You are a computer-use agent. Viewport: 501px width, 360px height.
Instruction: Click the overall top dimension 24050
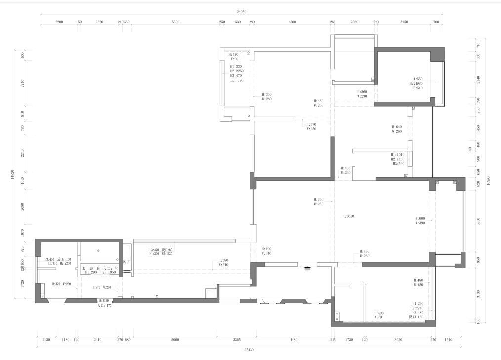tap(242, 11)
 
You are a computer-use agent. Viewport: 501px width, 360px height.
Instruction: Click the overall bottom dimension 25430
tap(249, 350)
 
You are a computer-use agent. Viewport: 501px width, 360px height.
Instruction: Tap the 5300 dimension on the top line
tap(175, 22)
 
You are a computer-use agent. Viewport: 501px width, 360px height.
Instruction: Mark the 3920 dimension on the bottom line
tap(398, 340)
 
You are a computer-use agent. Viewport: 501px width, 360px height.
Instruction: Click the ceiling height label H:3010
tap(348, 216)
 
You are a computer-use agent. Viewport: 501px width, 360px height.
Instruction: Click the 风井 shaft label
tap(126, 262)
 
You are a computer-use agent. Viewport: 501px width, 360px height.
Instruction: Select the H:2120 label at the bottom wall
tap(104, 301)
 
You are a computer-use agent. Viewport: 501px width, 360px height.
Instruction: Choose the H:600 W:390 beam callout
tap(420, 221)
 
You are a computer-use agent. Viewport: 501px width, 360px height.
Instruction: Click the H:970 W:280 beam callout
tap(102, 287)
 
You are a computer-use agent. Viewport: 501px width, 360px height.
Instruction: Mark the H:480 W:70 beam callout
tap(379, 315)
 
